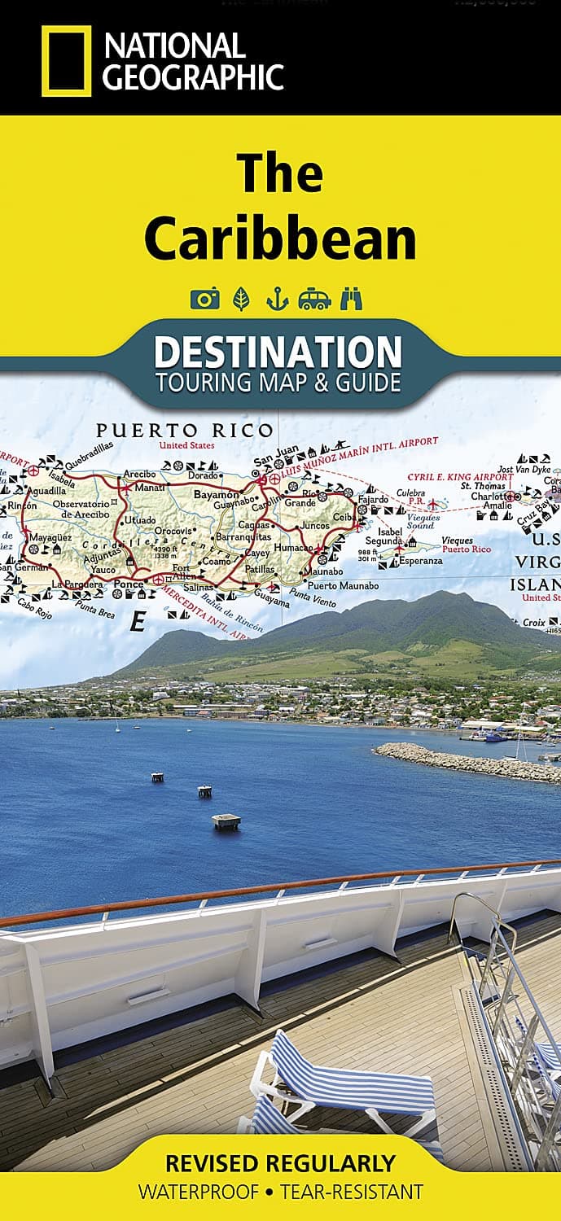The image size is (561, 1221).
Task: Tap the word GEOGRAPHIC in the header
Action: (194, 78)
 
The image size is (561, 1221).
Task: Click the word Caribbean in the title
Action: (280, 238)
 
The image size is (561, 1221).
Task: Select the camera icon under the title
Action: (204, 299)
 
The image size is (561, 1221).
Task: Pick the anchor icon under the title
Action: (277, 299)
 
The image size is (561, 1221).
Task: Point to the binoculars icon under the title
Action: (351, 299)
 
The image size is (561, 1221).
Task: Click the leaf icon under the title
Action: (242, 299)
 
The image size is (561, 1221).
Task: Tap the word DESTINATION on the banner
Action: (278, 352)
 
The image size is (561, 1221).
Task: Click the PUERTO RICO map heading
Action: (185, 431)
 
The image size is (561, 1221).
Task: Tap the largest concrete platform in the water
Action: (226, 821)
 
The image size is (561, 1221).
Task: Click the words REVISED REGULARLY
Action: (280, 1163)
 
